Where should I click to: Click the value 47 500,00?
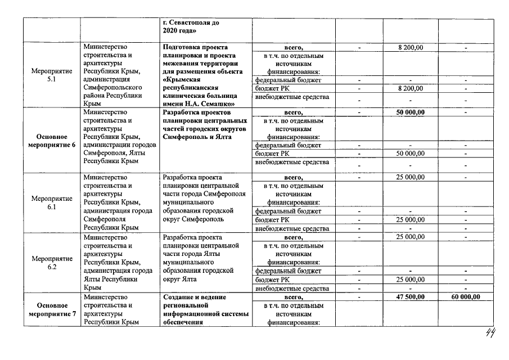point(411,296)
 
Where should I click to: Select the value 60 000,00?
point(466,296)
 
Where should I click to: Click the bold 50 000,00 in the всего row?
point(411,112)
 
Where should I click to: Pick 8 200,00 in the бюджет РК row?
point(411,88)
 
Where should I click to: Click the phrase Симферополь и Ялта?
point(196,137)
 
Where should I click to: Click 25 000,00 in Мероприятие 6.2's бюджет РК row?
point(411,280)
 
